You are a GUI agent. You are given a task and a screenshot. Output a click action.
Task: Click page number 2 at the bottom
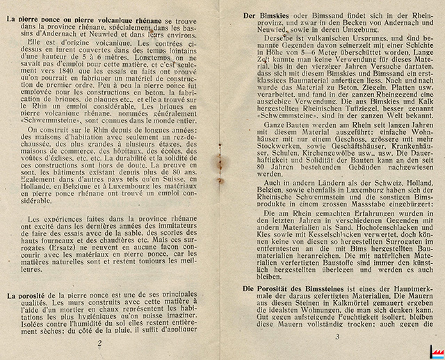99,343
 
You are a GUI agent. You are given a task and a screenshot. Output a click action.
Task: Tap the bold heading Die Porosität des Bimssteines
295,287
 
